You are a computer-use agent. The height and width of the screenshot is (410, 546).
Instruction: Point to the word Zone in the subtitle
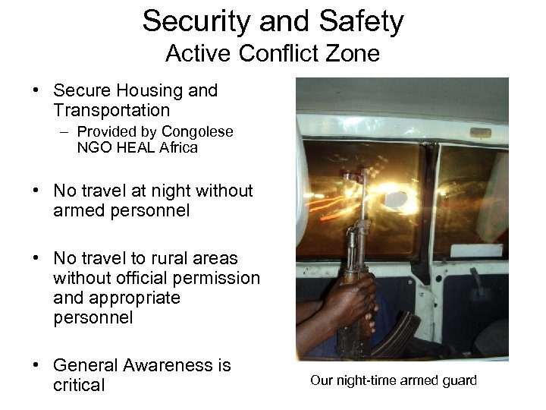[355, 54]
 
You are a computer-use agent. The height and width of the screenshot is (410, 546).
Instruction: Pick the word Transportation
[111, 111]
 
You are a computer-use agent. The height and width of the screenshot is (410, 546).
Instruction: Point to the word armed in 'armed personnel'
[76, 210]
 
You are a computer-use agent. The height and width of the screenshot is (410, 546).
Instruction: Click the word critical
[79, 385]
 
